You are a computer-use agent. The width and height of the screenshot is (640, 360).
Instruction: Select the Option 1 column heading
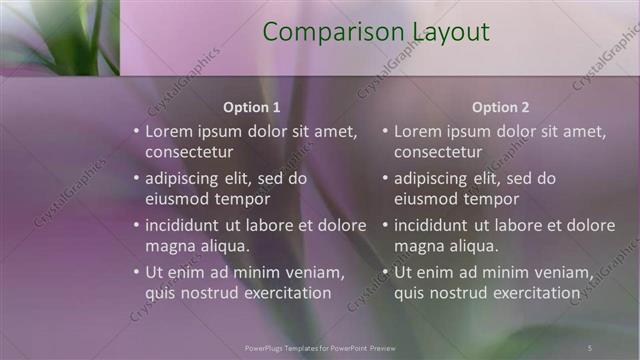pyautogui.click(x=251, y=107)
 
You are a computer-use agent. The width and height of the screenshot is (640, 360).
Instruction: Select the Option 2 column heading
pyautogui.click(x=500, y=107)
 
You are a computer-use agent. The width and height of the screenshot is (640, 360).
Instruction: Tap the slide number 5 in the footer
pyautogui.click(x=591, y=347)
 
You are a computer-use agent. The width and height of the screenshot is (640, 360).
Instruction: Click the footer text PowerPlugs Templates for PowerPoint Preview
pyautogui.click(x=320, y=347)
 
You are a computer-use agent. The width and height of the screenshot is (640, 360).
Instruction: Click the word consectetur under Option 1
pyautogui.click(x=189, y=153)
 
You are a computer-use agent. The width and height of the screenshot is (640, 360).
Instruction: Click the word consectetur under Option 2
pyautogui.click(x=438, y=153)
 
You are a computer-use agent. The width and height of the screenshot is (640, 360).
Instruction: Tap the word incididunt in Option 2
pyautogui.click(x=434, y=225)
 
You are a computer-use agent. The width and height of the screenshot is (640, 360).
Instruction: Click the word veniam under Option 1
pyautogui.click(x=314, y=272)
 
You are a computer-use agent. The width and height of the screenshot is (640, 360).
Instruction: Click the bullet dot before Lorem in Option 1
pyautogui.click(x=136, y=132)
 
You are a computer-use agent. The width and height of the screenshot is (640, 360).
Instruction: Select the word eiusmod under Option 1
pyautogui.click(x=176, y=199)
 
